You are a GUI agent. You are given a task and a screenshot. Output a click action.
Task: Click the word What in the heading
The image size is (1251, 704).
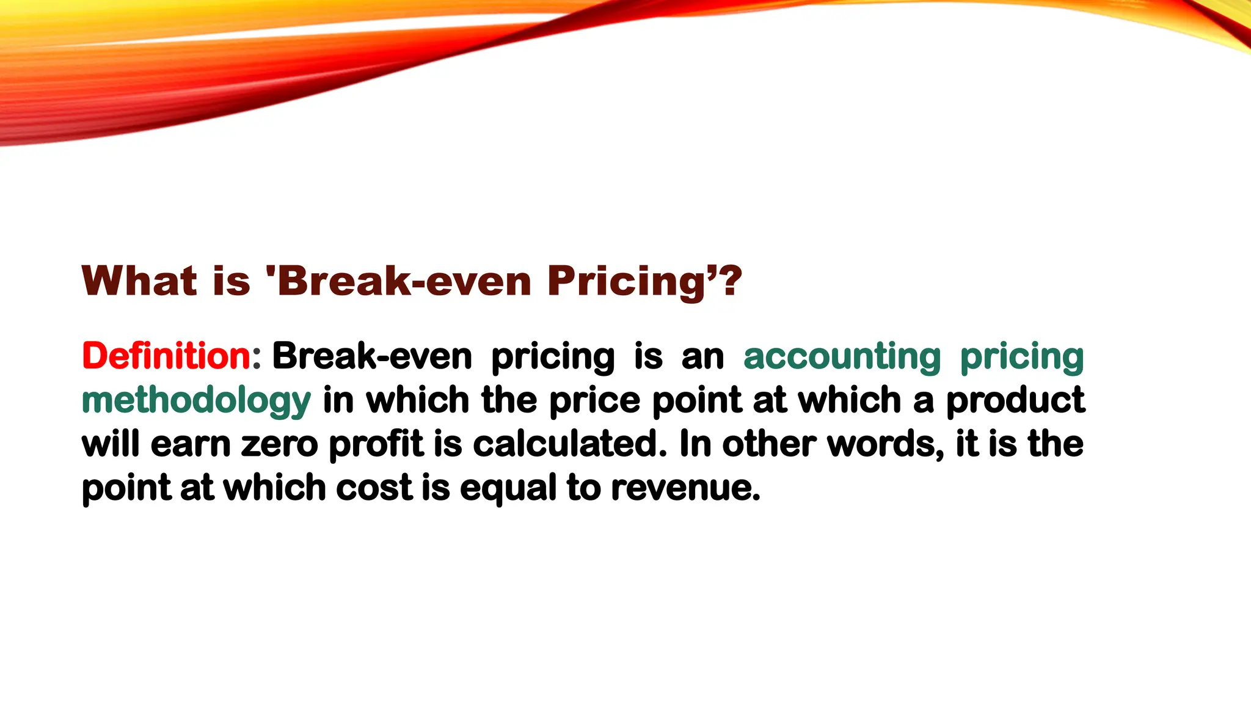pyautogui.click(x=140, y=281)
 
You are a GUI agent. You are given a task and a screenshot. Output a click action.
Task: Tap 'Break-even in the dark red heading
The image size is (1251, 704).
pyautogui.click(x=399, y=281)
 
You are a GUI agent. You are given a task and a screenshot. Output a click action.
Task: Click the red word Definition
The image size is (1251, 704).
pyautogui.click(x=166, y=356)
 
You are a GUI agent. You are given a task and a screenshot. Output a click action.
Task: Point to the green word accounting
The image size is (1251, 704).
pyautogui.click(x=842, y=357)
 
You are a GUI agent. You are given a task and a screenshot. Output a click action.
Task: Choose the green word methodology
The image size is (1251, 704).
pyautogui.click(x=196, y=402)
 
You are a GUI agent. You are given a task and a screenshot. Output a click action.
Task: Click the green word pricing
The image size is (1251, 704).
pyautogui.click(x=1022, y=357)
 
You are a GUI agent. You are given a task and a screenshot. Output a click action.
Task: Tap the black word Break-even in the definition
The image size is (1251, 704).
pyautogui.click(x=372, y=356)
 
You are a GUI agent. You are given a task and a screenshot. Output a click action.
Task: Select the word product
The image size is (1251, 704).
pyautogui.click(x=1015, y=402)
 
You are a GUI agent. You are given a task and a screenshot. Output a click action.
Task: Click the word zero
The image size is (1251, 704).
pyautogui.click(x=280, y=444)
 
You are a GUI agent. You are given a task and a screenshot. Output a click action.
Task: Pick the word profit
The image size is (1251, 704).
pyautogui.click(x=376, y=445)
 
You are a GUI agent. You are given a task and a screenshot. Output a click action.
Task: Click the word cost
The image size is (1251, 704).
pyautogui.click(x=374, y=488)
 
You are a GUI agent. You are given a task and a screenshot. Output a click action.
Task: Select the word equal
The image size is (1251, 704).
pyautogui.click(x=508, y=489)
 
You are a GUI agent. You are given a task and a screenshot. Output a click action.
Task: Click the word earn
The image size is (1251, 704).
pyautogui.click(x=191, y=444)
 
